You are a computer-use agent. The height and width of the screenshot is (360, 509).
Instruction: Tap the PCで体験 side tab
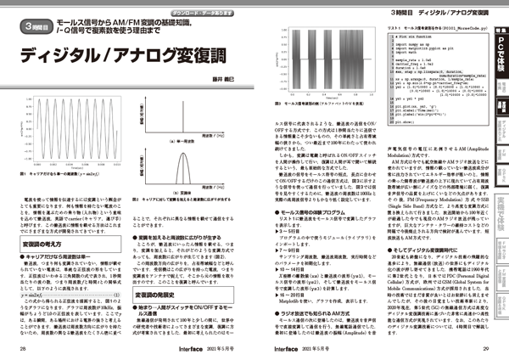click(x=501, y=50)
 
